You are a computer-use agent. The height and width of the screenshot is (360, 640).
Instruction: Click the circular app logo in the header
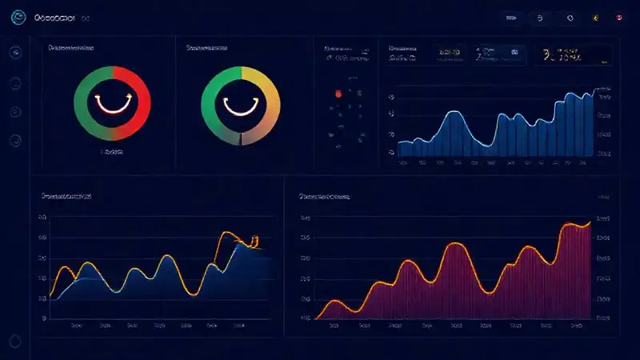18,17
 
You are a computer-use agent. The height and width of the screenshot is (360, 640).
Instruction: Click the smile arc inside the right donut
240,104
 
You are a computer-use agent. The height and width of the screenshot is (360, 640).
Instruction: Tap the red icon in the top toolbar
619,17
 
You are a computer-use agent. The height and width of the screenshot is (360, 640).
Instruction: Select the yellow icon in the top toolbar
594,17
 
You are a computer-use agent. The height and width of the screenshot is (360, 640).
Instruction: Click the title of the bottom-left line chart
66,195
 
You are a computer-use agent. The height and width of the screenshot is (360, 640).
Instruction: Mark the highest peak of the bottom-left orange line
227,233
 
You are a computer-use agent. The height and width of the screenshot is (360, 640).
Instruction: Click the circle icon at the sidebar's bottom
15,141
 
